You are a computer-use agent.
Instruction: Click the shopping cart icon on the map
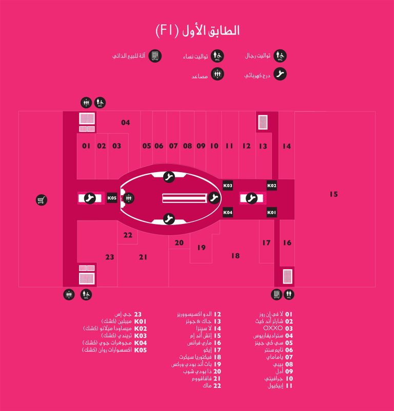[42, 200]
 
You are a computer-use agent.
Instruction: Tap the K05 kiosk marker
[112, 198]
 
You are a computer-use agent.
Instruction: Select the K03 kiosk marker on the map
[227, 185]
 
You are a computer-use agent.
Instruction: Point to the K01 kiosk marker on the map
[271, 212]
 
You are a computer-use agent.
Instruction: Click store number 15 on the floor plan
[333, 194]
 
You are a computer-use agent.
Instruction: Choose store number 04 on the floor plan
[125, 122]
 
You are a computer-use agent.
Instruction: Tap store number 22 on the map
[128, 235]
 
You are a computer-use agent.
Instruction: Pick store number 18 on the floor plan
[235, 256]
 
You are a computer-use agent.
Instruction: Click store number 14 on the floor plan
[287, 146]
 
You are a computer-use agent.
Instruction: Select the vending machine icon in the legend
[155, 56]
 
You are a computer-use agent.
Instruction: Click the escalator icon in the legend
[280, 74]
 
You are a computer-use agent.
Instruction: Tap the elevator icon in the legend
[218, 74]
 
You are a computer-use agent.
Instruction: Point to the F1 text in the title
[167, 31]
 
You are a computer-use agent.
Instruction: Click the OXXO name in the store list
[273, 328]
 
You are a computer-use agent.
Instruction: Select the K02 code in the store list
[141, 328]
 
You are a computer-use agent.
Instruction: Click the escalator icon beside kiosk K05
[90, 198]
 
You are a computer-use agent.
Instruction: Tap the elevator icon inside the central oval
[128, 198]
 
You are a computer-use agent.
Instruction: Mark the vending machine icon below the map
[277, 294]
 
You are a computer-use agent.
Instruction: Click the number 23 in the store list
[137, 314]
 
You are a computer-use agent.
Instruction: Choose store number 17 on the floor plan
[266, 242]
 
